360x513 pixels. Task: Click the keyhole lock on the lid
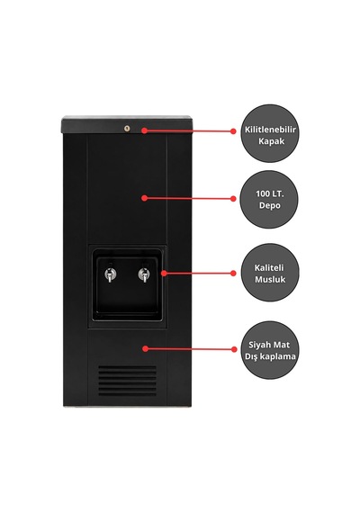tap(127, 129)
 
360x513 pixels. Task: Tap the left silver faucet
tap(110, 274)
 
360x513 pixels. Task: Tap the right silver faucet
tap(143, 274)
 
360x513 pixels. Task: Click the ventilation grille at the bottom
tap(127, 380)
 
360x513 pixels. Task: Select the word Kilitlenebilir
tap(270, 130)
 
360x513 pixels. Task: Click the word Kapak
tap(271, 141)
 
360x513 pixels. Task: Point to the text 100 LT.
tap(270, 193)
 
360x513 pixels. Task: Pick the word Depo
tap(270, 205)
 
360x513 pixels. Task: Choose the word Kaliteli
tap(269, 267)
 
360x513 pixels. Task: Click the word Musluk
tap(270, 279)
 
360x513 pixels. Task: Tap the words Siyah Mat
tap(269, 345)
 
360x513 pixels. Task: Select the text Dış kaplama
tap(270, 356)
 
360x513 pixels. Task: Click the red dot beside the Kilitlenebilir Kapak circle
tap(233, 131)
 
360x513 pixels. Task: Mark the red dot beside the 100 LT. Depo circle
tap(233, 199)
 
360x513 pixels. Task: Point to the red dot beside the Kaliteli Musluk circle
tap(233, 274)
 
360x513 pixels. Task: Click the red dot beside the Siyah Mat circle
tap(234, 349)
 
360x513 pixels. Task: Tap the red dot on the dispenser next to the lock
tap(144, 130)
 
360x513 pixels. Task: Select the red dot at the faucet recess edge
tap(164, 273)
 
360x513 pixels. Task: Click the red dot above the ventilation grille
tap(146, 349)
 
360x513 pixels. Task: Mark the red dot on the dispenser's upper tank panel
tap(144, 198)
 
